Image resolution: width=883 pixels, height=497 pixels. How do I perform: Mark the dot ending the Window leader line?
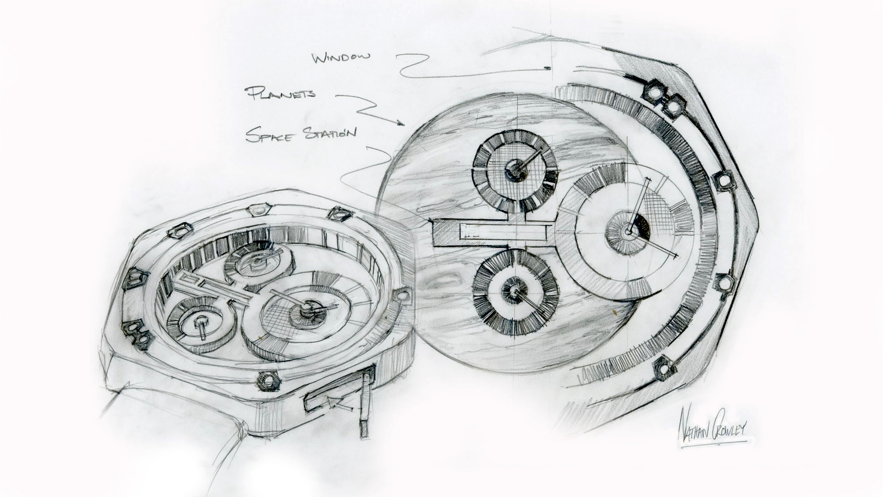[x=547, y=68]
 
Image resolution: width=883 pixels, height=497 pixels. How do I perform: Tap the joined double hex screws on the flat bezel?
[x=663, y=98]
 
